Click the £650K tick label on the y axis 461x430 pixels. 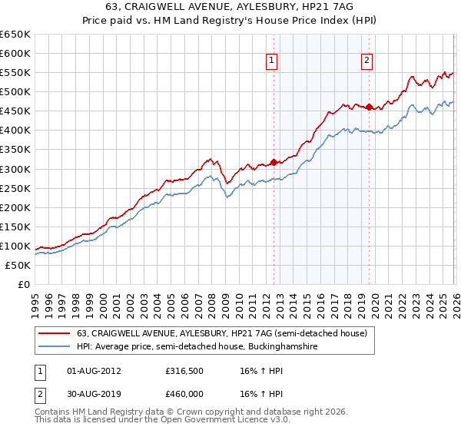pyautogui.click(x=15, y=35)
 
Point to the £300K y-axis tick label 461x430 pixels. pyautogui.click(x=15, y=169)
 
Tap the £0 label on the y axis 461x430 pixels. pyautogui.click(x=23, y=284)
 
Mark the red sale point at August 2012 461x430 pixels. pyautogui.click(x=274, y=162)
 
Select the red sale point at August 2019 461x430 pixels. pyautogui.click(x=370, y=107)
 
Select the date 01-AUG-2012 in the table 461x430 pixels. pyautogui.click(x=95, y=371)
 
